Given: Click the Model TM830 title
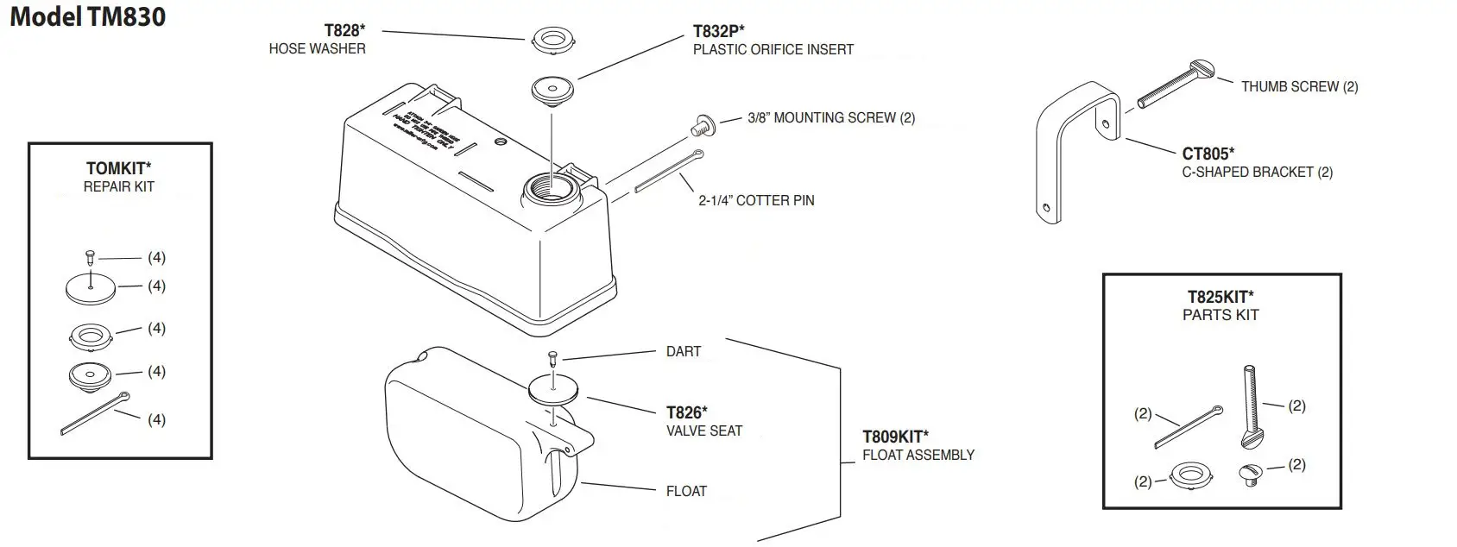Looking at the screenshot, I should pyautogui.click(x=87, y=16).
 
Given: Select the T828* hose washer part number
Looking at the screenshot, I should pyautogui.click(x=344, y=30).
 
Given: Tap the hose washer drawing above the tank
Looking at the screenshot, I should pyautogui.click(x=552, y=39).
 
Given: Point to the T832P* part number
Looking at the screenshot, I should pyautogui.click(x=718, y=31).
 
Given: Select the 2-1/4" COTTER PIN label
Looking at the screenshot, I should pyautogui.click(x=756, y=200).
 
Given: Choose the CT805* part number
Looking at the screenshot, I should pyautogui.click(x=1208, y=154).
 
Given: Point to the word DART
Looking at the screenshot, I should pyautogui.click(x=683, y=351).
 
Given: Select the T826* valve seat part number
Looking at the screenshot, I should pyautogui.click(x=686, y=412).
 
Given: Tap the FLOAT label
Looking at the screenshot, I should pyautogui.click(x=686, y=491).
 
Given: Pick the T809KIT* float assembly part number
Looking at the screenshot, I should pyautogui.click(x=895, y=437).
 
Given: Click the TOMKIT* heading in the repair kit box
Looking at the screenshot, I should pyautogui.click(x=119, y=168).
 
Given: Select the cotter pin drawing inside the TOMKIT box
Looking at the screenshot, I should pyautogui.click(x=97, y=412).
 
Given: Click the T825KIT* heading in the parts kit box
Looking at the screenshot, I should pyautogui.click(x=1220, y=297).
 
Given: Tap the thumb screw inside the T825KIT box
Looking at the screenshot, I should pyautogui.click(x=1251, y=406).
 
